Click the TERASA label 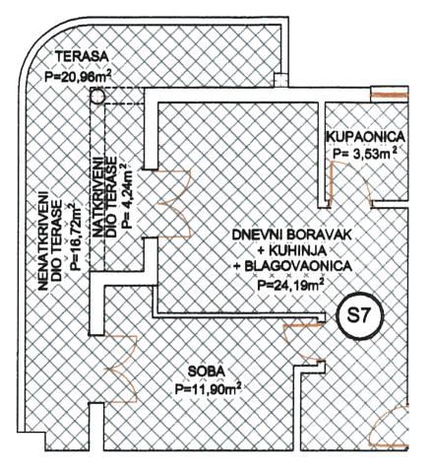tap(82, 56)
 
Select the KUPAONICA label tap(365, 136)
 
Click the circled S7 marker tap(359, 316)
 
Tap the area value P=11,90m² tap(208, 389)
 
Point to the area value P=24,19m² tap(288, 284)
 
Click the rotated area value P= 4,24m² tap(127, 196)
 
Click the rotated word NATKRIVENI tap(97, 197)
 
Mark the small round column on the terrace tap(97, 97)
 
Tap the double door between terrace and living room tap(174, 204)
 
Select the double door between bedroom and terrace tap(120, 369)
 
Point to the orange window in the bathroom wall tap(390, 96)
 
